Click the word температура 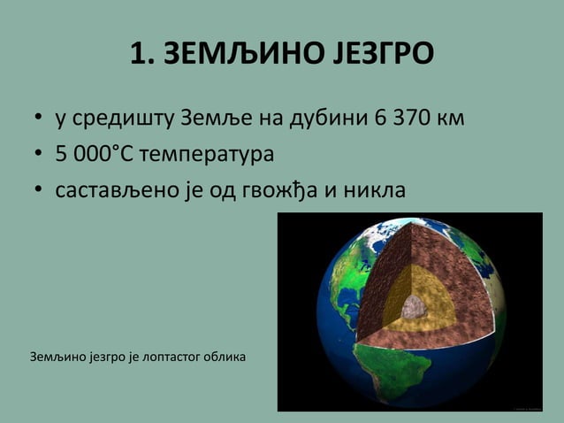pos(211,156)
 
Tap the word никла pos(372,189)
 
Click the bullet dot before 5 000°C pos(39,156)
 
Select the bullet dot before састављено pos(39,190)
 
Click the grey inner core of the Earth pos(412,308)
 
